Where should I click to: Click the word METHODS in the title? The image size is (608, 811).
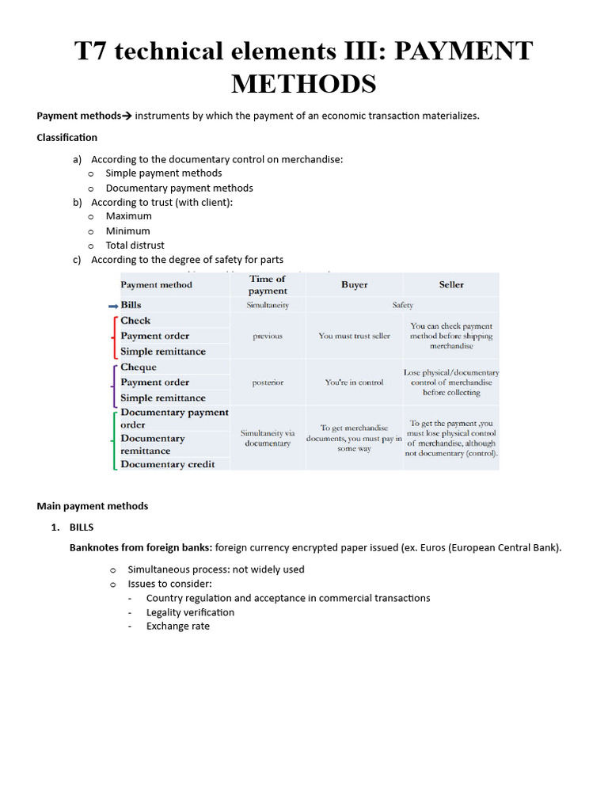pyautogui.click(x=304, y=82)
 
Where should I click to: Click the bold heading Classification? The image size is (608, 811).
pyautogui.click(x=67, y=137)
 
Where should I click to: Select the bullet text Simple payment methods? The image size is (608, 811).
pyautogui.click(x=163, y=173)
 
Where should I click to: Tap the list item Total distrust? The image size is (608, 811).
pyautogui.click(x=135, y=245)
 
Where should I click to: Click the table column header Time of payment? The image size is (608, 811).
pyautogui.click(x=268, y=284)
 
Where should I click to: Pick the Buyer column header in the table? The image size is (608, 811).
pyautogui.click(x=354, y=284)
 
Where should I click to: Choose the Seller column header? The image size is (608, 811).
pyautogui.click(x=451, y=284)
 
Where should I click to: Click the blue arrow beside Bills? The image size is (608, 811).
pyautogui.click(x=112, y=305)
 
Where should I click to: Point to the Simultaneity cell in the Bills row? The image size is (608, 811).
pyautogui.click(x=268, y=305)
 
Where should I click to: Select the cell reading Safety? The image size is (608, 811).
pyautogui.click(x=402, y=305)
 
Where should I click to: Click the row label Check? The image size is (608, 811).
pyautogui.click(x=135, y=320)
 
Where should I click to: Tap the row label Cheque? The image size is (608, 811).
pyautogui.click(x=139, y=367)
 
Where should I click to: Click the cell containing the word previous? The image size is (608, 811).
pyautogui.click(x=268, y=336)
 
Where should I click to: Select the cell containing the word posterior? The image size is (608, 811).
pyautogui.click(x=268, y=383)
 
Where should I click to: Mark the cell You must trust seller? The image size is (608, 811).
pyautogui.click(x=354, y=336)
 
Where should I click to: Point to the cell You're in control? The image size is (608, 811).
pyautogui.click(x=354, y=383)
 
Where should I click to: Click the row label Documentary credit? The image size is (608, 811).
pyautogui.click(x=167, y=464)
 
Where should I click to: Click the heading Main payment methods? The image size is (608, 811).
pyautogui.click(x=93, y=506)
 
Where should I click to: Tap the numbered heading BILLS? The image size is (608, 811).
pyautogui.click(x=82, y=527)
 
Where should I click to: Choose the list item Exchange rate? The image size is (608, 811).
pyautogui.click(x=178, y=626)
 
